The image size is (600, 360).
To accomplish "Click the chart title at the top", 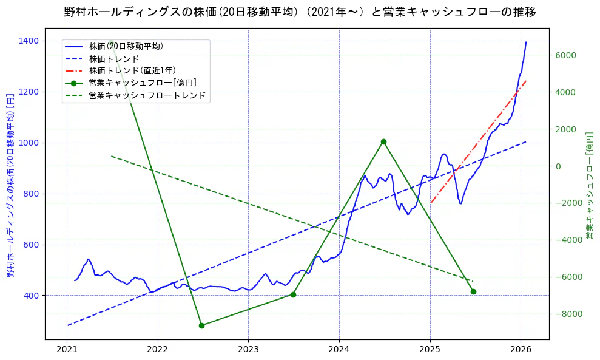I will (x=300, y=12).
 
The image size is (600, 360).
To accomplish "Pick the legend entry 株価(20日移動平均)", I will (x=126, y=46).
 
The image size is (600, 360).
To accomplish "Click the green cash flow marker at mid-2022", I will (x=201, y=325).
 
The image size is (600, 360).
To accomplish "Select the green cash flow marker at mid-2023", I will (x=293, y=294).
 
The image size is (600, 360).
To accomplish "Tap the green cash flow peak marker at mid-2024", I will (x=383, y=141).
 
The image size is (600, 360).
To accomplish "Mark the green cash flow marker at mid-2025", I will (x=473, y=291).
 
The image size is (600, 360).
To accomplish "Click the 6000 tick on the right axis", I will (x=564, y=55).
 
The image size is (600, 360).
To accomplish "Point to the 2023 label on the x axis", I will (x=248, y=350).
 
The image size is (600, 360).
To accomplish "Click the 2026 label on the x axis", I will (x=521, y=350).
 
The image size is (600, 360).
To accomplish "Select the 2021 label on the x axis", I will (x=67, y=350).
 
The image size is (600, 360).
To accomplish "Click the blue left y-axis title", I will (x=10, y=185).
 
